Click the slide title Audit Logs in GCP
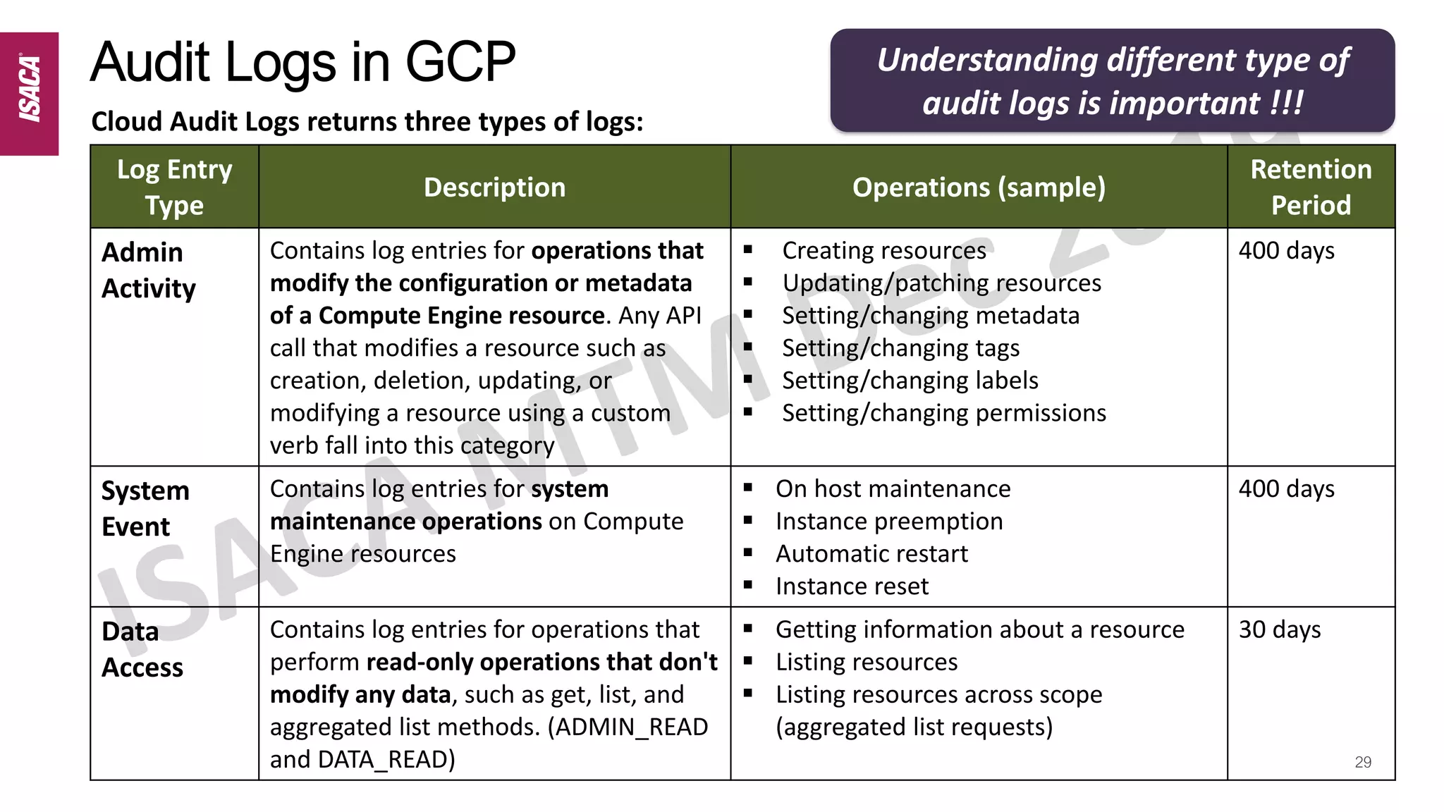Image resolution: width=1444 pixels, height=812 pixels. pyautogui.click(x=303, y=62)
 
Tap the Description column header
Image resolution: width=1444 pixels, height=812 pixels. pyautogui.click(x=494, y=187)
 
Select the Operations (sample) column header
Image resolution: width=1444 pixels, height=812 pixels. pyautogui.click(x=979, y=187)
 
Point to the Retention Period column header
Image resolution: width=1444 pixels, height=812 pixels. pyautogui.click(x=1311, y=187)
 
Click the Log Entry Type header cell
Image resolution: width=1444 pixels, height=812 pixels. pyautogui.click(x=174, y=187)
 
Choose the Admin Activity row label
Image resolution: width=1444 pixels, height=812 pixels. pyautogui.click(x=149, y=271)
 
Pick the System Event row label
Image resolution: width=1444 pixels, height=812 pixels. pyautogui.click(x=145, y=509)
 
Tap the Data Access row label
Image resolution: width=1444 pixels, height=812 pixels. pyautogui.click(x=142, y=650)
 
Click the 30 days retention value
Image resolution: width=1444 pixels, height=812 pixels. pyautogui.click(x=1280, y=629)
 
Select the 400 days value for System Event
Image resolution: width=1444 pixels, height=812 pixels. pyautogui.click(x=1287, y=488)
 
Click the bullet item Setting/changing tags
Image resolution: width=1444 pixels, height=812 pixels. pyautogui.click(x=900, y=348)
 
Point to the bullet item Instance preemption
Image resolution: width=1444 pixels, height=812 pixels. pyautogui.click(x=889, y=522)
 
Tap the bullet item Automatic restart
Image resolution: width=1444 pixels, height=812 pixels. pyautogui.click(x=871, y=554)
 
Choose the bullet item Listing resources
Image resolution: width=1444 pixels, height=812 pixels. pyautogui.click(x=867, y=663)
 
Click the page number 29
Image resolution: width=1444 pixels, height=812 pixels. pyautogui.click(x=1363, y=762)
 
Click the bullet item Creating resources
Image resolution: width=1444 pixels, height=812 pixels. pyautogui.click(x=884, y=251)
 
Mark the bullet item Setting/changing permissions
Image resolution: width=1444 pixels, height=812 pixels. pyautogui.click(x=944, y=413)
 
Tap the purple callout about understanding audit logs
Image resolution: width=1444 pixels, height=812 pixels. pyautogui.click(x=1112, y=81)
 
